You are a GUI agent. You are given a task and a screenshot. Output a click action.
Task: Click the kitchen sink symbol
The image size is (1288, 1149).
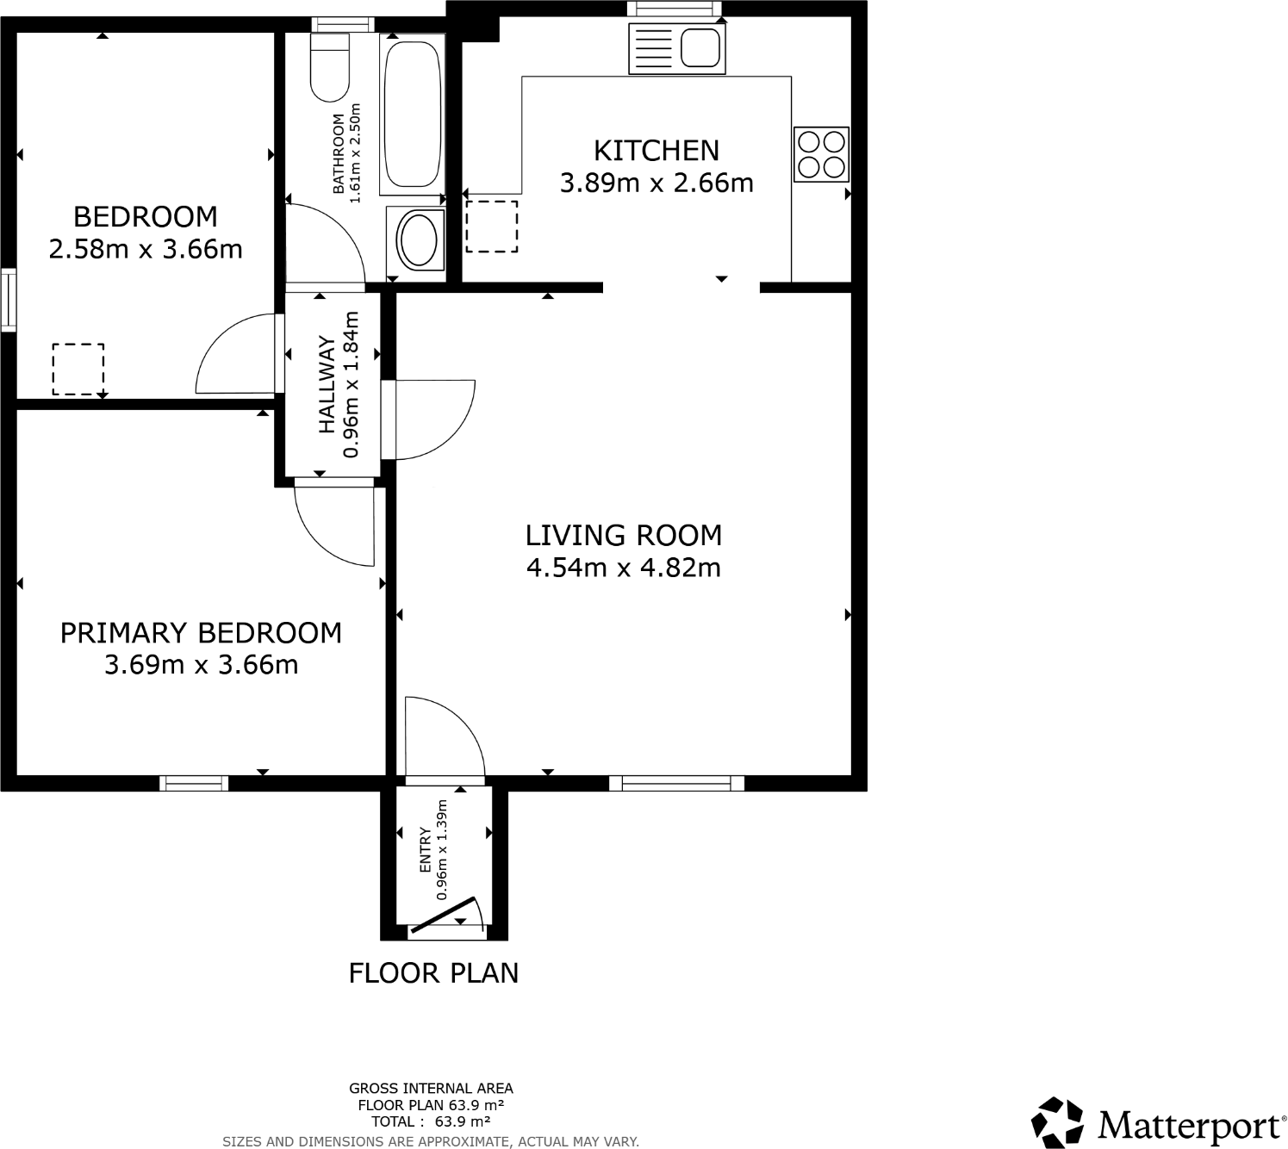[x=677, y=48]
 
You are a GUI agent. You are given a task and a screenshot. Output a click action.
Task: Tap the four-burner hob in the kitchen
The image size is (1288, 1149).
[x=821, y=154]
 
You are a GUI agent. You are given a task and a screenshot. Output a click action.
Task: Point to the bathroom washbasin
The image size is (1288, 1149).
[x=418, y=239]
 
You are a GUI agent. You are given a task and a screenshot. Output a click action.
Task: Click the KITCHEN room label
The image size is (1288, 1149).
[x=656, y=151]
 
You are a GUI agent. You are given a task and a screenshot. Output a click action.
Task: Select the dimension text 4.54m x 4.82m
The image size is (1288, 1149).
[x=623, y=568]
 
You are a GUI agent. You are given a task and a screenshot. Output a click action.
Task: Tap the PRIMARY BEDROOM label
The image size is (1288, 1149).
[x=201, y=633]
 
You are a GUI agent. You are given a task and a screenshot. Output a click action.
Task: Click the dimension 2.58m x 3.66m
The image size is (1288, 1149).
[x=146, y=250]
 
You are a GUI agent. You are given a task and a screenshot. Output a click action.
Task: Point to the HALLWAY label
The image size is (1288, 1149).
[x=327, y=384]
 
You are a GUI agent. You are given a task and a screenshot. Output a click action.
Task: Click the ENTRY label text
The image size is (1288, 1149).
[x=425, y=850]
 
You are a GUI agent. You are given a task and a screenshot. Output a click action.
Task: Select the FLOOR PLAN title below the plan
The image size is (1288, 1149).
[x=433, y=973]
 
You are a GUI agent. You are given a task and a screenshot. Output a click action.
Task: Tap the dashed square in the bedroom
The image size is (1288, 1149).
[x=78, y=369]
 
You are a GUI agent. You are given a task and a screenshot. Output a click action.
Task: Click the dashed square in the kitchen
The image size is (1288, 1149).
[x=492, y=227]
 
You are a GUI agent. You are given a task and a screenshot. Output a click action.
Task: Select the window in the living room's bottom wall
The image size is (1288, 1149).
[x=676, y=783]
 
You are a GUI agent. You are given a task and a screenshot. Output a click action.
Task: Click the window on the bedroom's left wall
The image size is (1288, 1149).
[x=8, y=300]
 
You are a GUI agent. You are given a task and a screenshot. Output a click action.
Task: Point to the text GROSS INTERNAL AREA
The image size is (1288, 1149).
[x=431, y=1089]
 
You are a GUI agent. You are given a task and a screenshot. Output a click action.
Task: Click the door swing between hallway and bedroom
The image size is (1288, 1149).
[x=236, y=355]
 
